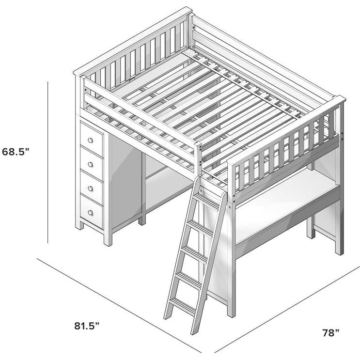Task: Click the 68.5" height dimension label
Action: tap(16, 152)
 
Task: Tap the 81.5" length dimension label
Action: tap(87, 326)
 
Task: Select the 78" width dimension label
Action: tap(331, 333)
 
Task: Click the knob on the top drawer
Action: tap(91, 140)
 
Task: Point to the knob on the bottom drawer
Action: tap(91, 213)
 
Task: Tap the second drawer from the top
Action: tap(92, 164)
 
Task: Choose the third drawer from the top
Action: tap(92, 188)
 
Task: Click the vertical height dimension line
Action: tap(48, 162)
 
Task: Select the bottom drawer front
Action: tap(92, 211)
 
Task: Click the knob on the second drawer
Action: tap(91, 164)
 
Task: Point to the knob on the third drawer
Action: tap(91, 188)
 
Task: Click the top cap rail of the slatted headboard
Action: tap(133, 41)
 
